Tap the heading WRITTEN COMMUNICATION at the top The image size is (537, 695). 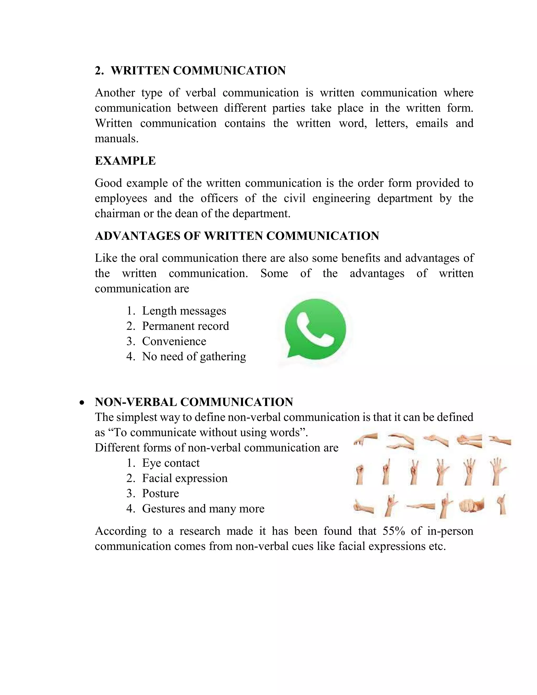(198, 70)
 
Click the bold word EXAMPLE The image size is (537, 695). (125, 161)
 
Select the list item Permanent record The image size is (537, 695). (185, 326)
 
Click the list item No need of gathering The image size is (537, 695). (194, 356)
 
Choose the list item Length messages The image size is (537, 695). (184, 311)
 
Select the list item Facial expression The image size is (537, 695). (185, 478)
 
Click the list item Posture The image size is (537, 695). (160, 493)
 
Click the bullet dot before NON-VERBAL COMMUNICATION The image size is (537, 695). (82, 403)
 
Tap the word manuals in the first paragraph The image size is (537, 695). (116, 139)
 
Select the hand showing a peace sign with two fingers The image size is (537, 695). (414, 472)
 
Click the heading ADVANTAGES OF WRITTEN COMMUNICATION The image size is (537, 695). (237, 236)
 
